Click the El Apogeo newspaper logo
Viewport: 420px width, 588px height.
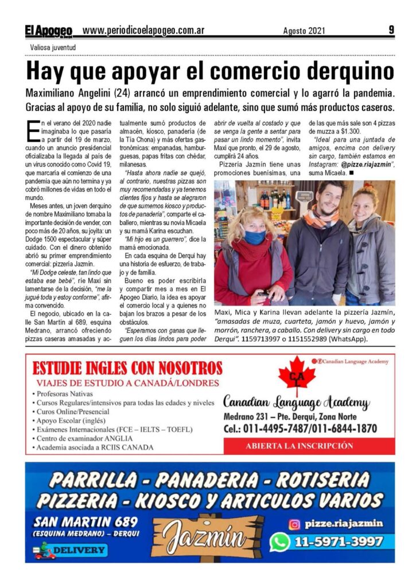pyautogui.click(x=48, y=30)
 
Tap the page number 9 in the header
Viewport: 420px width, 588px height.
pyautogui.click(x=391, y=30)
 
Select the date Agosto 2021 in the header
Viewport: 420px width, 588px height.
pyautogui.click(x=304, y=30)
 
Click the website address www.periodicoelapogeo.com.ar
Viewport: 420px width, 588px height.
pyautogui.click(x=143, y=30)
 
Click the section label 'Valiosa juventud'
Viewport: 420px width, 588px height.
pyautogui.click(x=53, y=47)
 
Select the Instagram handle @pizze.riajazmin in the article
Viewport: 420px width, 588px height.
pyautogui.click(x=363, y=164)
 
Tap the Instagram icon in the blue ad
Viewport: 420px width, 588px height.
pyautogui.click(x=294, y=524)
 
